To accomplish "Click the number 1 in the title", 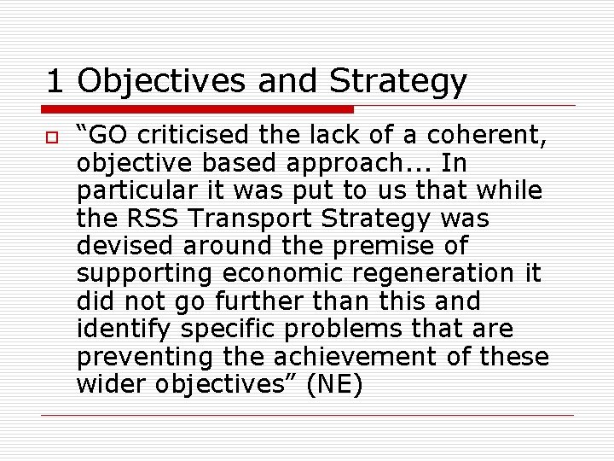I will [55, 81].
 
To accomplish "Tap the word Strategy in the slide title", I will [398, 81].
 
